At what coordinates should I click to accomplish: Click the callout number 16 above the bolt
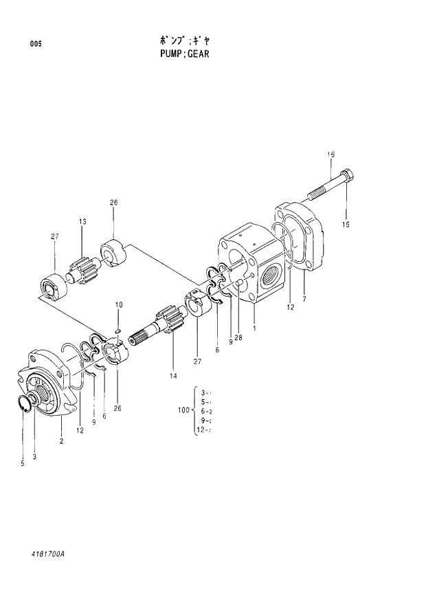coord(330,155)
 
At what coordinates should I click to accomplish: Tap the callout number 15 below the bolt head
coord(346,225)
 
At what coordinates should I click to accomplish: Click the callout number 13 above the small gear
coord(82,221)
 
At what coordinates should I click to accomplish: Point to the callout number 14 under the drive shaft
coord(172,376)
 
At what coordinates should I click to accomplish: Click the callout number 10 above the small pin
coord(118,304)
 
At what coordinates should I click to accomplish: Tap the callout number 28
coord(238,337)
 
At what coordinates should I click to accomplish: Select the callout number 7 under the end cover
coord(304,298)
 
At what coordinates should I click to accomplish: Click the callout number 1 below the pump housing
coord(254,329)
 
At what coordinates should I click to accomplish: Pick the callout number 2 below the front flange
coord(61,441)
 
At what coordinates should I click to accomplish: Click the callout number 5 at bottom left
coord(23,465)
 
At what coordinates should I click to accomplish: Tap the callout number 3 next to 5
coord(34,456)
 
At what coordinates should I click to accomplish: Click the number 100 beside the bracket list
coord(183,410)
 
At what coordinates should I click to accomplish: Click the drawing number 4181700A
coord(51,553)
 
